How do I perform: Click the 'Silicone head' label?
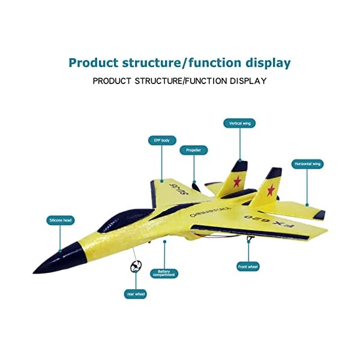pos(61,220)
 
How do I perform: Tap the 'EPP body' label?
pos(162,140)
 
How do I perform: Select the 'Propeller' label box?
pos(194,150)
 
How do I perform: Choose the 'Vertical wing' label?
pos(239,123)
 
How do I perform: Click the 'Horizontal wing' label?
pos(308,163)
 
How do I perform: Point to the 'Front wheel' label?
pos(248,266)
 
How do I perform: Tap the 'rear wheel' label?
pos(136,294)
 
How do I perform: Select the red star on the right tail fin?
pos(271,190)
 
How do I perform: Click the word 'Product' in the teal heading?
pos(93,62)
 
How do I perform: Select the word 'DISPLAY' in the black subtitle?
pos(244,80)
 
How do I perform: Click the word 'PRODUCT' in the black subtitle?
pos(113,80)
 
